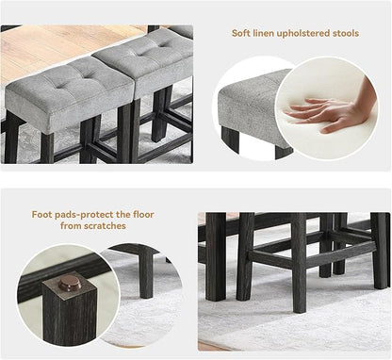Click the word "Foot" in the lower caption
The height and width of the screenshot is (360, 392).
(x=41, y=215)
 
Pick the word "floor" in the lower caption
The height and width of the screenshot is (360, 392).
(x=143, y=215)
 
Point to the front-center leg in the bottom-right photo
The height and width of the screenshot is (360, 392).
(x=299, y=263)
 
